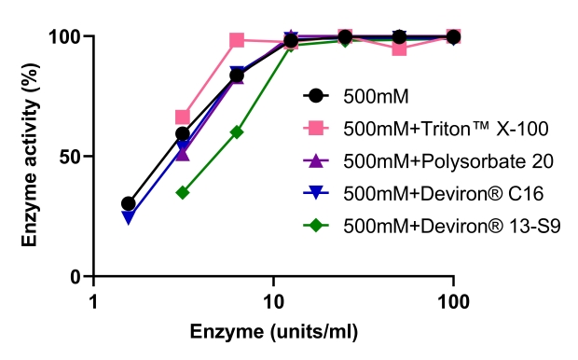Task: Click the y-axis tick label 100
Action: click(x=65, y=37)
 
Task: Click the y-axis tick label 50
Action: click(x=71, y=157)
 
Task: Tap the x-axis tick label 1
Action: click(x=93, y=302)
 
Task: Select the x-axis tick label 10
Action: click(x=273, y=302)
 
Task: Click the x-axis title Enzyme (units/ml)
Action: click(x=274, y=331)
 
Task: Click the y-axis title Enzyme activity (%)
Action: click(x=31, y=157)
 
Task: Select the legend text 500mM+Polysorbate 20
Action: click(x=434, y=160)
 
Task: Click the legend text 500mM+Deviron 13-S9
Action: click(x=431, y=226)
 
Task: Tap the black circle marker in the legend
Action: click(x=316, y=95)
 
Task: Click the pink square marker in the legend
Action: click(x=316, y=128)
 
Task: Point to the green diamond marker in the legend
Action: click(x=316, y=226)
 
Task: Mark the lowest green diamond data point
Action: click(x=183, y=193)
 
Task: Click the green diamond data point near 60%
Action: click(x=237, y=132)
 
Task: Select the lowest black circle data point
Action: click(x=129, y=203)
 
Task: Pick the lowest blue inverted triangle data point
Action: click(x=129, y=217)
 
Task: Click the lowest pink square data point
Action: click(x=183, y=118)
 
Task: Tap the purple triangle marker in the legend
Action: click(x=316, y=160)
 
